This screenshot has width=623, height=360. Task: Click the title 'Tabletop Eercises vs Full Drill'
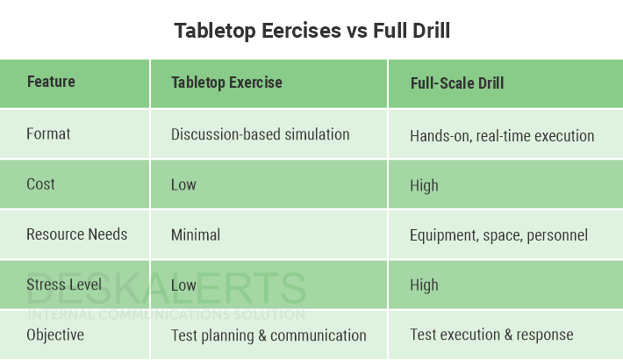(x=311, y=31)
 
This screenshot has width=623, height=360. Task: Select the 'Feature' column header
(x=51, y=83)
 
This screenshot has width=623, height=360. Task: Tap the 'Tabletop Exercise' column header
(x=226, y=83)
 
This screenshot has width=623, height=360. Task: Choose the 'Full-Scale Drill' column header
(x=456, y=84)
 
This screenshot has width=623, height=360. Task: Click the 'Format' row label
(x=48, y=134)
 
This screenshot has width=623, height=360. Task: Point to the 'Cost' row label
(x=40, y=184)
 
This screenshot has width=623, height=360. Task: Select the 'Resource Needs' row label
(x=76, y=234)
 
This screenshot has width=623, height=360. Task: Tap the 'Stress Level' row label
(x=64, y=284)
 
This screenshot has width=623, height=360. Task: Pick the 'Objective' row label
(x=55, y=335)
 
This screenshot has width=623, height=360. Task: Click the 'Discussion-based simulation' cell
(x=260, y=134)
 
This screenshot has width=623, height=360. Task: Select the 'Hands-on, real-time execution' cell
(x=502, y=136)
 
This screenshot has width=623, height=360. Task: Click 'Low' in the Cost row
(x=183, y=185)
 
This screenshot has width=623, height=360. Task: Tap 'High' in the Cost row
(x=424, y=185)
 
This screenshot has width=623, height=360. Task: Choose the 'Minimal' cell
(x=195, y=235)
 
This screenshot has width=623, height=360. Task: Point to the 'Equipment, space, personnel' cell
(x=498, y=235)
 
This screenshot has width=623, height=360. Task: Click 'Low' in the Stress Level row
(x=183, y=285)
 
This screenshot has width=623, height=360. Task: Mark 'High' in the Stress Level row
(x=424, y=285)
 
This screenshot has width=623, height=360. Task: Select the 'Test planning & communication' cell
(x=269, y=335)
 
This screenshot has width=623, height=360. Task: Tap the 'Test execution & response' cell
(x=491, y=335)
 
